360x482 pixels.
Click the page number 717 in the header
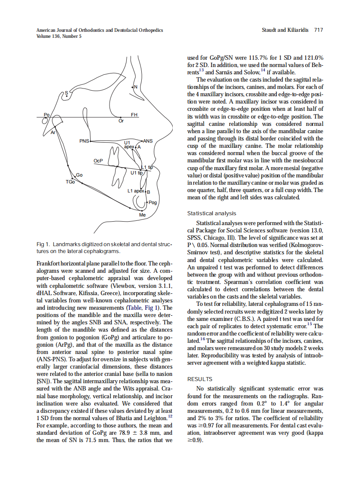318,30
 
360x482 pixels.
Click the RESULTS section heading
200,379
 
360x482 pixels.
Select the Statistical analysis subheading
212,213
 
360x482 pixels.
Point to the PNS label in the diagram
85,141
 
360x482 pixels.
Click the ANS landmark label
147,140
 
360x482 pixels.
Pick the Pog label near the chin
152,202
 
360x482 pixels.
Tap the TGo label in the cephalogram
70,182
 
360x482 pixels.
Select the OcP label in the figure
98,161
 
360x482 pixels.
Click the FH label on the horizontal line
134,115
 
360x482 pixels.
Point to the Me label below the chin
143,214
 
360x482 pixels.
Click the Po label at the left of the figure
47,114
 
